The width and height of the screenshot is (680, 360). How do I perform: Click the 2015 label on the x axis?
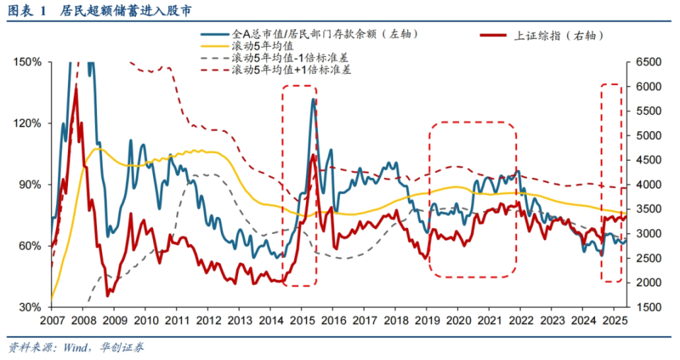point(301,321)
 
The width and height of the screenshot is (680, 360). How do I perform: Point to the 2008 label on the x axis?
point(82,321)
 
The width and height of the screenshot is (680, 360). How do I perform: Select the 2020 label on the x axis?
point(457,321)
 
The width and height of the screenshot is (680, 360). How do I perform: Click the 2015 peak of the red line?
point(312,154)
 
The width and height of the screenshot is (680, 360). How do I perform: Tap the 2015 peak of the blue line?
point(313,100)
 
